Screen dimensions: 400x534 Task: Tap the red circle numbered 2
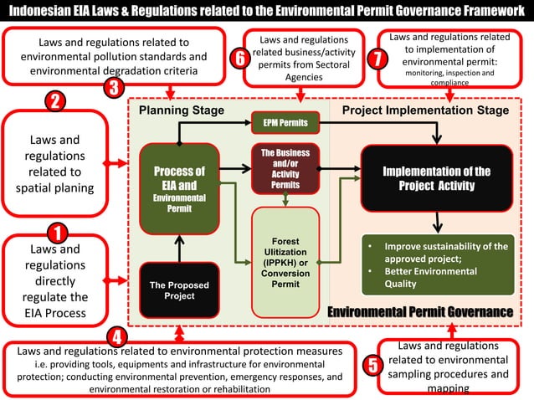point(54,102)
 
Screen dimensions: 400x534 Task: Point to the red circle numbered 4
point(118,336)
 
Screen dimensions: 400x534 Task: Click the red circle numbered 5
point(373,364)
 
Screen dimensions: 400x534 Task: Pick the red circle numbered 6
point(240,59)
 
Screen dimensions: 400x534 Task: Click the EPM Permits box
point(285,123)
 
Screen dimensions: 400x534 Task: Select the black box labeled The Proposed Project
point(179,290)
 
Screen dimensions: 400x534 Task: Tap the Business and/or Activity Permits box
point(285,168)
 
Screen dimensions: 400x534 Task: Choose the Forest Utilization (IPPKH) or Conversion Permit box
point(285,261)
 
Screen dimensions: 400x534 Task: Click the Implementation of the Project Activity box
point(436,177)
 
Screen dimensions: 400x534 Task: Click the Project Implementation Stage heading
point(425,110)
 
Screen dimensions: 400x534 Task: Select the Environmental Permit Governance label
point(420,311)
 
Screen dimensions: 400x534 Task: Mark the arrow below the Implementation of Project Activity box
point(436,223)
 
